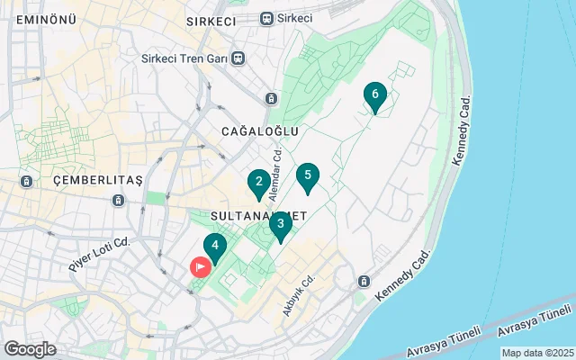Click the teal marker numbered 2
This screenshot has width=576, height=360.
pyautogui.click(x=259, y=184)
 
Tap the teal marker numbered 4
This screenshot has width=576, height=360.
pyautogui.click(x=214, y=246)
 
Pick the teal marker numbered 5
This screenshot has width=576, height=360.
pyautogui.click(x=308, y=176)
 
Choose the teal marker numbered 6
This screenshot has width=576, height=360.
pyautogui.click(x=374, y=95)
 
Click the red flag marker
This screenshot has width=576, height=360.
pyautogui.click(x=198, y=266)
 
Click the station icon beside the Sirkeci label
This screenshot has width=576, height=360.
pyautogui.click(x=265, y=18)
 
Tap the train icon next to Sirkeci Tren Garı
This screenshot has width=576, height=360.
pyautogui.click(x=238, y=58)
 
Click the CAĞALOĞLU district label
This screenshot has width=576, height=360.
pyautogui.click(x=259, y=131)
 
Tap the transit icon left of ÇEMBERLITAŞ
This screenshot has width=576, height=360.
pyautogui.click(x=27, y=181)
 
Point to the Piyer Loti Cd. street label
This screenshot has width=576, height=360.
pyautogui.click(x=100, y=255)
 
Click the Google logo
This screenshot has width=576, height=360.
pyautogui.click(x=30, y=349)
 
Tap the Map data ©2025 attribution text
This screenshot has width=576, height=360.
pyautogui.click(x=536, y=353)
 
